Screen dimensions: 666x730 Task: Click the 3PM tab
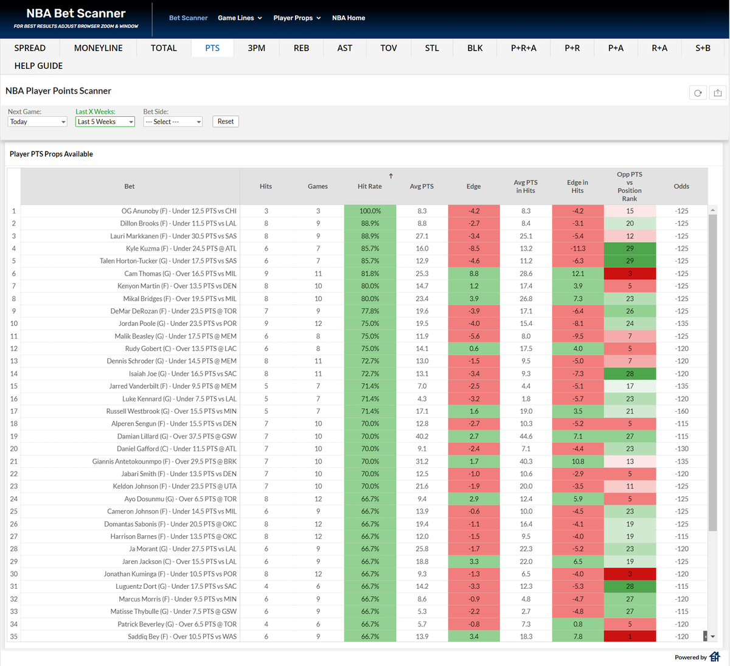click(256, 48)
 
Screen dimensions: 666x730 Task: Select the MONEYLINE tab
click(98, 48)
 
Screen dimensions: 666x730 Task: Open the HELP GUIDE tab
click(38, 66)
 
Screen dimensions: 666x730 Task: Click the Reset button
click(225, 122)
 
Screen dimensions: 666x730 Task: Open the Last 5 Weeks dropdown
click(105, 122)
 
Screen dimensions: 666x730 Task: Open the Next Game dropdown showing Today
click(37, 122)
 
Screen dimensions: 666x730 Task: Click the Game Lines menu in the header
click(240, 18)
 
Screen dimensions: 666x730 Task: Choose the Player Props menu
click(297, 18)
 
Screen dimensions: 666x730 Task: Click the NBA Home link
click(349, 18)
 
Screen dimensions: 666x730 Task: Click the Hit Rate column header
click(370, 186)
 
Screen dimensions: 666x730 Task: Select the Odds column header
click(681, 186)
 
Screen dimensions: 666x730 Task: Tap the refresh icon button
click(698, 93)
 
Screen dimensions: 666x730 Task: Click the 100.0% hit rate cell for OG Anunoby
click(370, 211)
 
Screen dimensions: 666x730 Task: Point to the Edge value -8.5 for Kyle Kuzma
click(474, 249)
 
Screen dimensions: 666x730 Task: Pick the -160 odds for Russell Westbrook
click(681, 411)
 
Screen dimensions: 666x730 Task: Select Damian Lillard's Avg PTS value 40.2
click(422, 436)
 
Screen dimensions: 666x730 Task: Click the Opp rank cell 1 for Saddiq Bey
click(630, 637)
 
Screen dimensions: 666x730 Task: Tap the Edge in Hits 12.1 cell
click(577, 274)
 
